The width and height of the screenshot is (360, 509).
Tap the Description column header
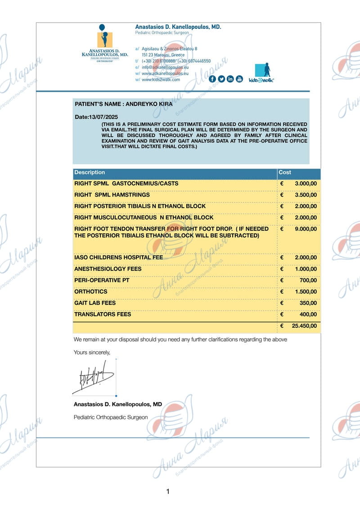90,173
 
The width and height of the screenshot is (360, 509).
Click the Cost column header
285,173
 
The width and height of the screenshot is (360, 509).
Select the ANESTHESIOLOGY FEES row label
108,269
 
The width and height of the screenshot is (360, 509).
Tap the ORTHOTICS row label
90,291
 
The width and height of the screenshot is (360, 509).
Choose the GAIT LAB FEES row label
95,303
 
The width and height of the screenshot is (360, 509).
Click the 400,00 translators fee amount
308,314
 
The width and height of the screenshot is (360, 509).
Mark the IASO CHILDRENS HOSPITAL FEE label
118,258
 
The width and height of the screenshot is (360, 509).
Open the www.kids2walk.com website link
161,80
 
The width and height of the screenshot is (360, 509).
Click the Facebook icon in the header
212,79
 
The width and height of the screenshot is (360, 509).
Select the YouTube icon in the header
239,79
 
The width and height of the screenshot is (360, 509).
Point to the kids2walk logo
262,72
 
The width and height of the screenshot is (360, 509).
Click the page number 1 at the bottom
168,491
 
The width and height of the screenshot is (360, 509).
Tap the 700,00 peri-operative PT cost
308,281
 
